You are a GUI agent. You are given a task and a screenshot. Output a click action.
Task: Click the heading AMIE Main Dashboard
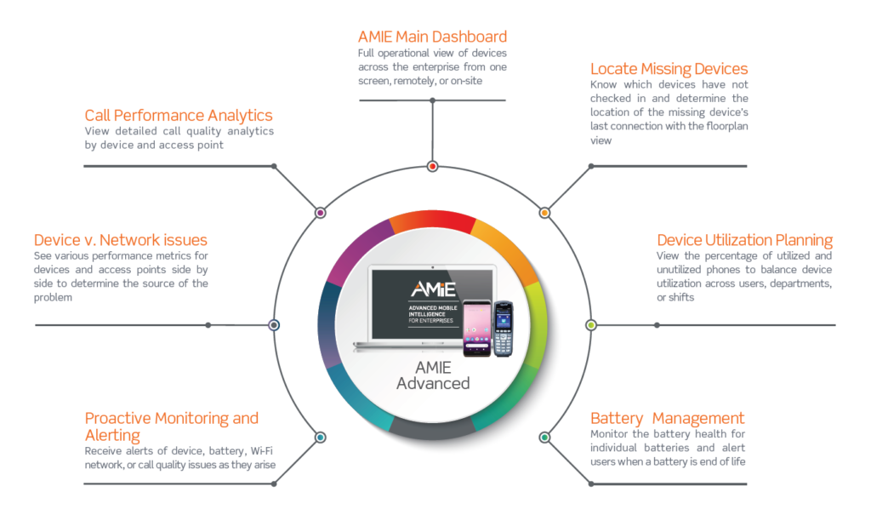pos(432,37)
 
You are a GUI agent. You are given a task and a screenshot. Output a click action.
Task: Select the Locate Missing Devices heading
pos(669,69)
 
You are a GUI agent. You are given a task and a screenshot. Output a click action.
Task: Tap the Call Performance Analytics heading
pos(179,116)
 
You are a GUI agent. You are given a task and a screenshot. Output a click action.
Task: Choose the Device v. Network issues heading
pos(121,240)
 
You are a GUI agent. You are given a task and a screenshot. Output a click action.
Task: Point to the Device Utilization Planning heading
pos(744,240)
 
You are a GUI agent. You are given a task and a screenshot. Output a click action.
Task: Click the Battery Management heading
pos(667,418)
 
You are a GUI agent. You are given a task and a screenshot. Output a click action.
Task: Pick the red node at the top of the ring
pos(433,166)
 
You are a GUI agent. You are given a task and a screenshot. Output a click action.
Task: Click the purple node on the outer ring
pos(321,213)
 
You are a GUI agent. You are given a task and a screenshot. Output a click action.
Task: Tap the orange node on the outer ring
pos(545,213)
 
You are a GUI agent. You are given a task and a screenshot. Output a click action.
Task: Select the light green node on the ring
pos(591,325)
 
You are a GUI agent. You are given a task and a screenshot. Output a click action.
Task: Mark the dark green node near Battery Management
pos(545,438)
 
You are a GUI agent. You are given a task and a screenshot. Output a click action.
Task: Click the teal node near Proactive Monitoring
pos(321,438)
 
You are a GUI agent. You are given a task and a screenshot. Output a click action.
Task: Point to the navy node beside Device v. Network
pos(274,325)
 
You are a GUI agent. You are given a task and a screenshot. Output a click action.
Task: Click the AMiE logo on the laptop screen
pos(433,289)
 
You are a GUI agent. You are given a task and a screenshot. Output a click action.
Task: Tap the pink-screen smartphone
pos(477,328)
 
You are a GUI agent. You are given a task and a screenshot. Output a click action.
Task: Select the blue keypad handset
pos(504,329)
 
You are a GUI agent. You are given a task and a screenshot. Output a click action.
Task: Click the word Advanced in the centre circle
pos(433,384)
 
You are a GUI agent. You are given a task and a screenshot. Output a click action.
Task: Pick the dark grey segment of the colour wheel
pos(433,428)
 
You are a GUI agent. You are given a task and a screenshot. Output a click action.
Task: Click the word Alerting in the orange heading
pos(112,436)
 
